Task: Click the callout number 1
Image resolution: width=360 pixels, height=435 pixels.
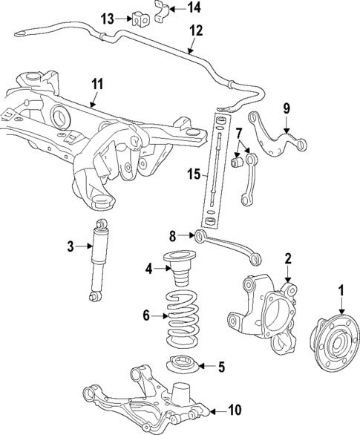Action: pyautogui.click(x=341, y=289)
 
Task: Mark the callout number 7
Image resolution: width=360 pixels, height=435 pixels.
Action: pyautogui.click(x=239, y=133)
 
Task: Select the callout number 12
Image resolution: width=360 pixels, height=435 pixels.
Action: pyautogui.click(x=195, y=31)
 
